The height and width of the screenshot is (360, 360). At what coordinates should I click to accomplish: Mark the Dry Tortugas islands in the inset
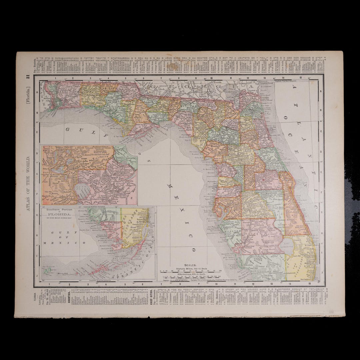(x=48, y=269)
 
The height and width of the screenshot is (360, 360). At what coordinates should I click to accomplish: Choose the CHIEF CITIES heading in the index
(x=152, y=298)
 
